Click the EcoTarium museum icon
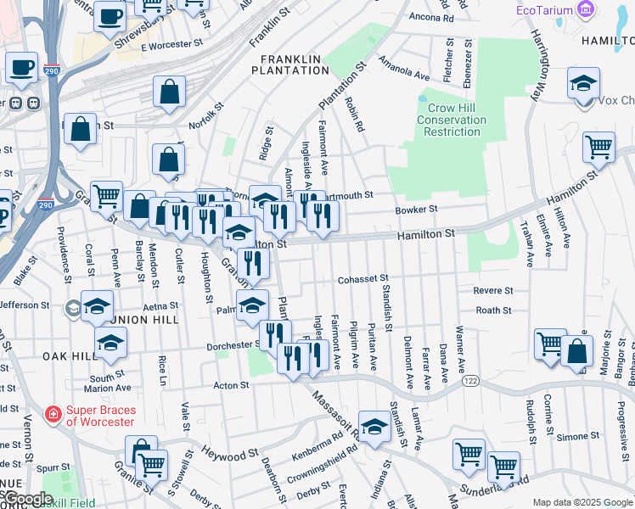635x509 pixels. point(585,10)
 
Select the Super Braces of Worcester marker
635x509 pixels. point(53,415)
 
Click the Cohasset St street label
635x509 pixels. point(362,277)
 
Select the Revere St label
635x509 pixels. point(493,290)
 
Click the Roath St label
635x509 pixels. point(493,310)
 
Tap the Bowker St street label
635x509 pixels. point(416,209)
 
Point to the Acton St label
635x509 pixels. point(230,384)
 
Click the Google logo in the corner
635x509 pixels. point(28,499)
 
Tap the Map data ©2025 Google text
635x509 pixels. point(582,502)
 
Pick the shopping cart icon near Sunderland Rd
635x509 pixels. point(503,467)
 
